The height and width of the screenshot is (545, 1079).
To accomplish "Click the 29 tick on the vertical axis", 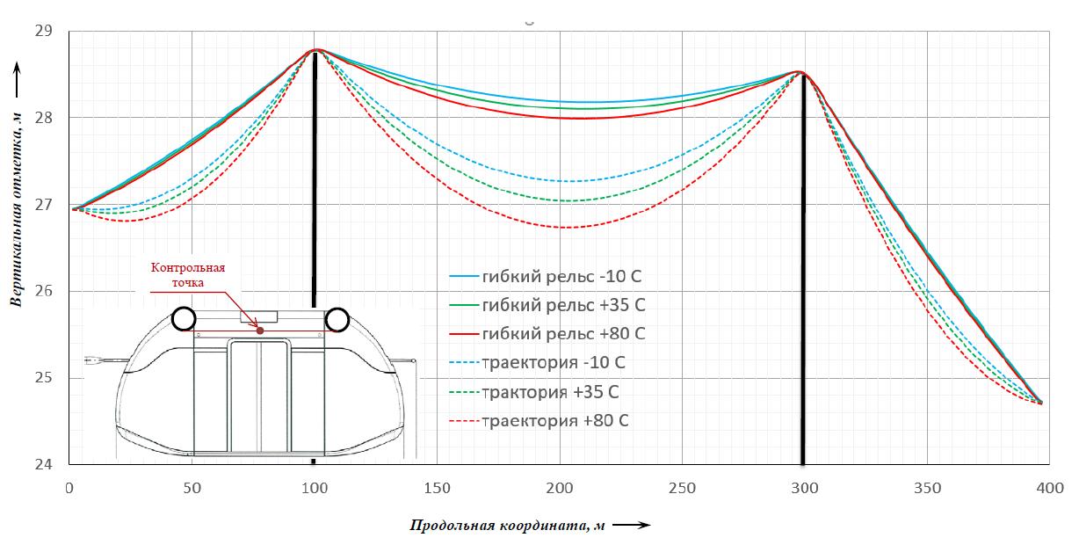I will [x=43, y=32].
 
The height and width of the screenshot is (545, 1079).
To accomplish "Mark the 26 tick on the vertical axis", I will [x=43, y=292].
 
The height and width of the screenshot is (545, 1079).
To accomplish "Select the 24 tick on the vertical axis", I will [x=43, y=465].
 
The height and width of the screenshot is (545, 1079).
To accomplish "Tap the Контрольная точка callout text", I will [x=189, y=276].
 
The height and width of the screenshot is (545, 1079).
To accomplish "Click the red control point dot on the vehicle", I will [x=260, y=331].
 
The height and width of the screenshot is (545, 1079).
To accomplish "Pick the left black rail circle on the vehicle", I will [x=184, y=318].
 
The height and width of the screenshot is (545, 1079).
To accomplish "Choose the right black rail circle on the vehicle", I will [x=337, y=319].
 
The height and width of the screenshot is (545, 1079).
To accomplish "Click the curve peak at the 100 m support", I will [x=315, y=50].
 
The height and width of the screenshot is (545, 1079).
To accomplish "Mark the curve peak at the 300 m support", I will [x=800, y=72].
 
